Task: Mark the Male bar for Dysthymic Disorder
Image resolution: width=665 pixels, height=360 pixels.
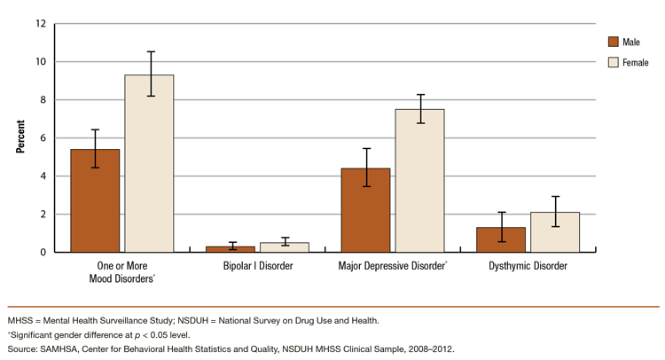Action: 502,239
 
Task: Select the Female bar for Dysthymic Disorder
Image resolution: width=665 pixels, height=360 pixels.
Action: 556,232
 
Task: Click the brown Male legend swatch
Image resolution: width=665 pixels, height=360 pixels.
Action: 612,42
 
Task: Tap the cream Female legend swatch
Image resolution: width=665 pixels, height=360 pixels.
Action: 612,62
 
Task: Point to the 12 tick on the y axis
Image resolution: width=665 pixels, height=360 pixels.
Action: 41,24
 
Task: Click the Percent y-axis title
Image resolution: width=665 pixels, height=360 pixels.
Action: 20,137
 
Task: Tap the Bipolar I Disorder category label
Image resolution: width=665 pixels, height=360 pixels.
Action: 257,266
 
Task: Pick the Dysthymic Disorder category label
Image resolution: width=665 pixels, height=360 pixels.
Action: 528,266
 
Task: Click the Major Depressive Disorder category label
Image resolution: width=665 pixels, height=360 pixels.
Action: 391,266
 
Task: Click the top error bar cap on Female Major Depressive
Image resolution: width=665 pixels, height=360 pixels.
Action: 420,95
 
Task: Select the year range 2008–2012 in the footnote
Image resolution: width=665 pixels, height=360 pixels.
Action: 428,350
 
